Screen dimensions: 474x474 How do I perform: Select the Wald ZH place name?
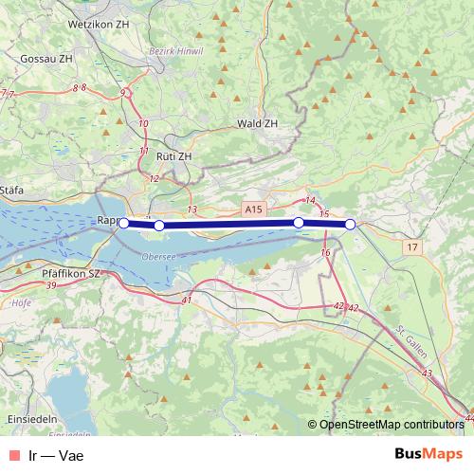click(258, 124)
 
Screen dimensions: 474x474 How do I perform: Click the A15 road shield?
click(252, 208)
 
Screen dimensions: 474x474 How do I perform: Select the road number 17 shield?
click(410, 247)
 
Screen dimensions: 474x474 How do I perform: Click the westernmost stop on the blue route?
click(123, 224)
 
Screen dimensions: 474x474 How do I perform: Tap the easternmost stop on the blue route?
click(350, 225)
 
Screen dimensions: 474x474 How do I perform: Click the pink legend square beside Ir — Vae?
click(12, 455)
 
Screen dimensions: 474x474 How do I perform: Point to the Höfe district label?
click(20, 305)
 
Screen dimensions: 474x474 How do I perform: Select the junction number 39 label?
click(50, 285)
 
